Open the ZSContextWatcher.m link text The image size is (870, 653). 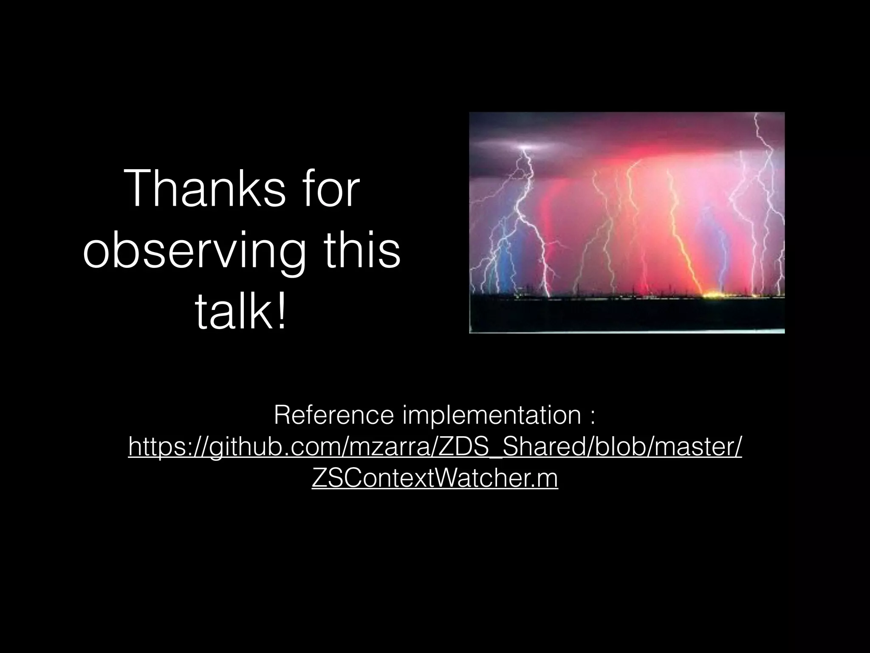point(435,479)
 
